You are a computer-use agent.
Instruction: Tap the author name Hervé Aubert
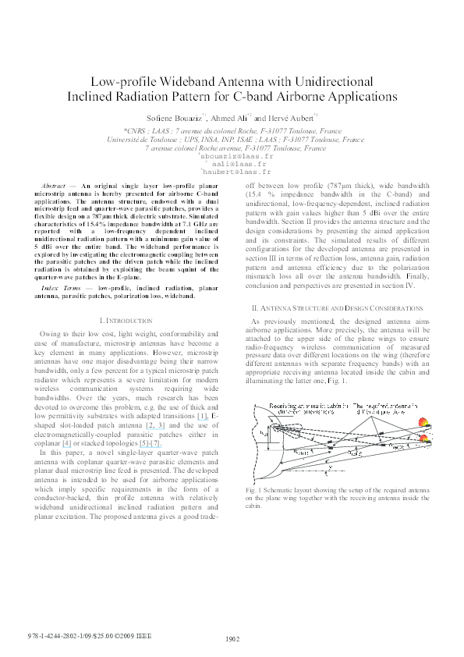click(x=292, y=117)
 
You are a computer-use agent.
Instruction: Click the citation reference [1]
click(x=203, y=417)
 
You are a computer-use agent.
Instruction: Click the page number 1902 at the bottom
click(x=232, y=638)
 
